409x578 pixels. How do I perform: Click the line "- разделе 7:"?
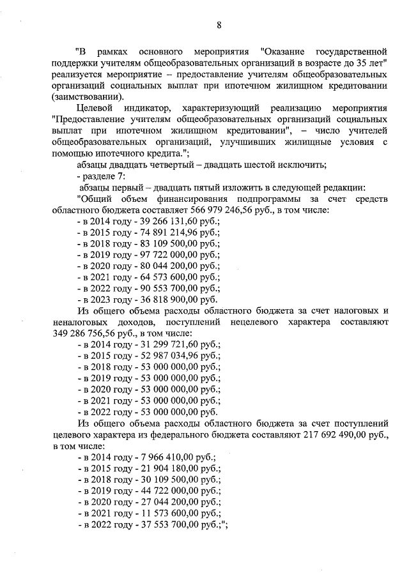pyautogui.click(x=100, y=175)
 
